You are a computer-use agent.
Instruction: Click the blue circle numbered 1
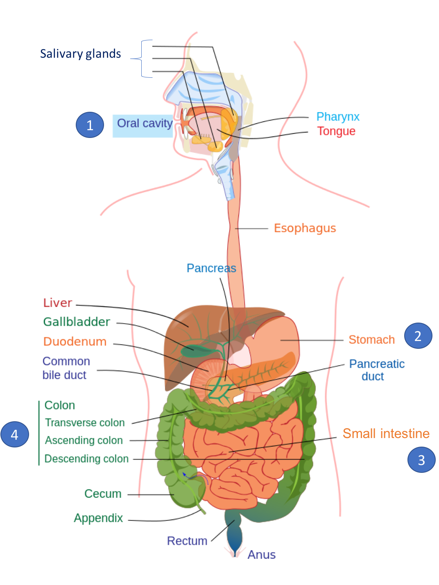tap(90, 125)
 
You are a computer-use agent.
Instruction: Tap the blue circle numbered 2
tap(418, 336)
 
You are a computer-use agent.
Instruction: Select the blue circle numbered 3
tap(421, 460)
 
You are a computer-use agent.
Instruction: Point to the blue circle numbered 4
tap(15, 434)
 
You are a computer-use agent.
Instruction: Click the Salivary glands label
tap(81, 54)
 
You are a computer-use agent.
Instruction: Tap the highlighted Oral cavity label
tap(143, 126)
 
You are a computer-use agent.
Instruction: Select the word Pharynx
tap(338, 116)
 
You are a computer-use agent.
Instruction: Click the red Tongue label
tap(336, 131)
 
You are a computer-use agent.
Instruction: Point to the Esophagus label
tap(305, 228)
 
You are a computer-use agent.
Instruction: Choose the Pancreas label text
tap(211, 268)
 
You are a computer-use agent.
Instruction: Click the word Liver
tap(58, 303)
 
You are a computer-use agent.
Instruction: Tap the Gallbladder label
tap(77, 322)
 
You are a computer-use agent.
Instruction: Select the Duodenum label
tap(75, 341)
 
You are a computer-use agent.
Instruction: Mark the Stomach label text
tap(371, 339)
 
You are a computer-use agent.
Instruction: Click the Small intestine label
tap(386, 434)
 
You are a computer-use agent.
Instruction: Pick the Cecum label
tap(103, 494)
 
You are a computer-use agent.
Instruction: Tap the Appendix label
tap(98, 518)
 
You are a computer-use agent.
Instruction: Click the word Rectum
tap(187, 541)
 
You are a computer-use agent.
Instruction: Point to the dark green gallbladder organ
tap(197, 351)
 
